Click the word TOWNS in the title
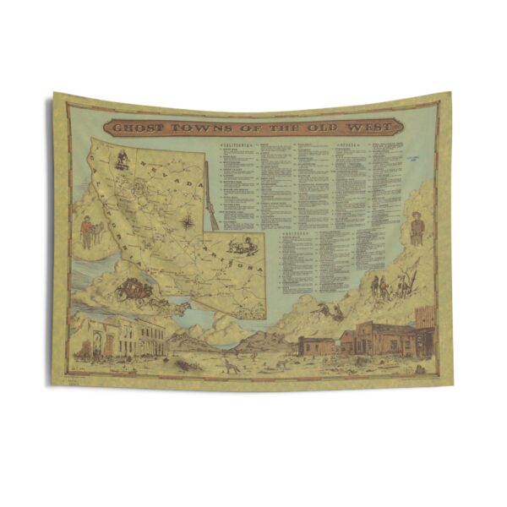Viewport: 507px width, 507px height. pos(199,128)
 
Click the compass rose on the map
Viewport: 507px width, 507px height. pos(188,222)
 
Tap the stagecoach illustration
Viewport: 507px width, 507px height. pos(135,290)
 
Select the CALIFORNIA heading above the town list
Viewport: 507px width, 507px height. pos(240,145)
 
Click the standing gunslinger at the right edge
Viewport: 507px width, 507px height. pos(417,228)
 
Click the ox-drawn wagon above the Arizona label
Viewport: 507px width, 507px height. pos(245,245)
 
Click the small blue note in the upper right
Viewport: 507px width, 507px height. pos(413,155)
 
